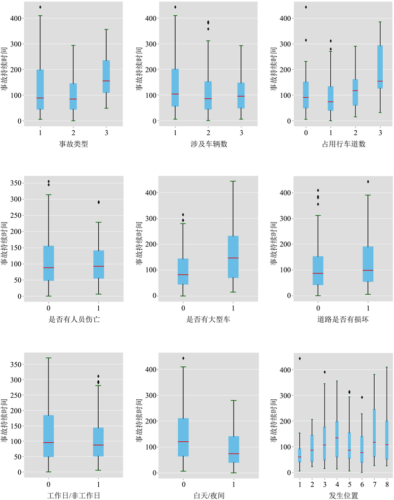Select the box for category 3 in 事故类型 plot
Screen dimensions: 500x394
pyautogui.click(x=106, y=77)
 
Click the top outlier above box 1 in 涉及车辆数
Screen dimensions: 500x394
pyautogui.click(x=175, y=7)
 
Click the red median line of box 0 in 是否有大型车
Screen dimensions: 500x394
pyautogui.click(x=183, y=274)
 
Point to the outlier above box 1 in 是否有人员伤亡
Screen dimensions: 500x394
pyautogui.click(x=99, y=202)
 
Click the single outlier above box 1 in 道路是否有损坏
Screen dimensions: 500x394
pyautogui.click(x=368, y=182)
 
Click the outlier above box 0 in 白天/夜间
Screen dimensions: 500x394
pyautogui.click(x=183, y=358)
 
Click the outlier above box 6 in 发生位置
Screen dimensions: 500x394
pyautogui.click(x=362, y=397)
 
